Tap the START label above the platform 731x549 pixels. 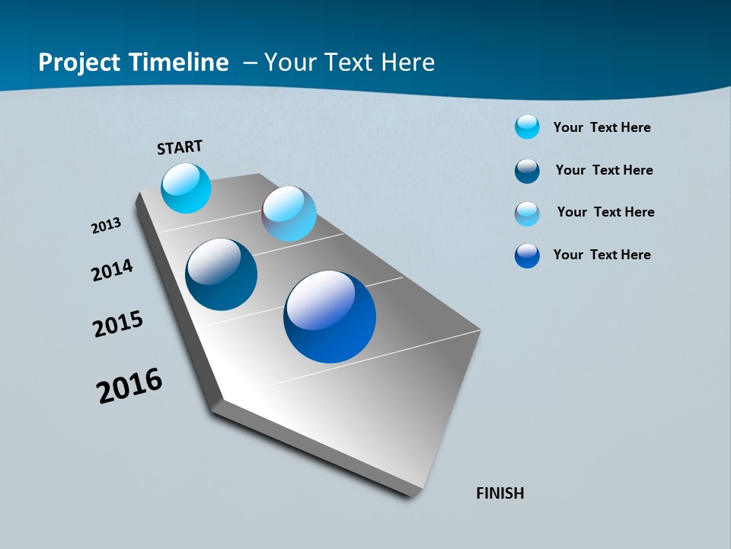(x=180, y=147)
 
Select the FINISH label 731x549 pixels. (x=500, y=493)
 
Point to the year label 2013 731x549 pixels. (x=107, y=226)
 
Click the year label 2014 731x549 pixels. (x=113, y=271)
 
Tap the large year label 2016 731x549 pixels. (x=129, y=386)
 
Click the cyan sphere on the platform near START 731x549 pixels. (x=186, y=188)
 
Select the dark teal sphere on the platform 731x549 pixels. (x=222, y=274)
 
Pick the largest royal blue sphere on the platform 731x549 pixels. (x=330, y=316)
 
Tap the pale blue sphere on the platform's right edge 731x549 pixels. (x=289, y=213)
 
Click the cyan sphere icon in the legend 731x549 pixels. (x=527, y=127)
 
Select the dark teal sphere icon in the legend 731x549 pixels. (x=527, y=171)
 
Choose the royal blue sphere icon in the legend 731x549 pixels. (x=527, y=255)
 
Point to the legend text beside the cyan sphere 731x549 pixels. (x=602, y=127)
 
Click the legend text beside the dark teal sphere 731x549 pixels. (x=604, y=170)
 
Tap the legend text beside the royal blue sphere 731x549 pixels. (x=602, y=255)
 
